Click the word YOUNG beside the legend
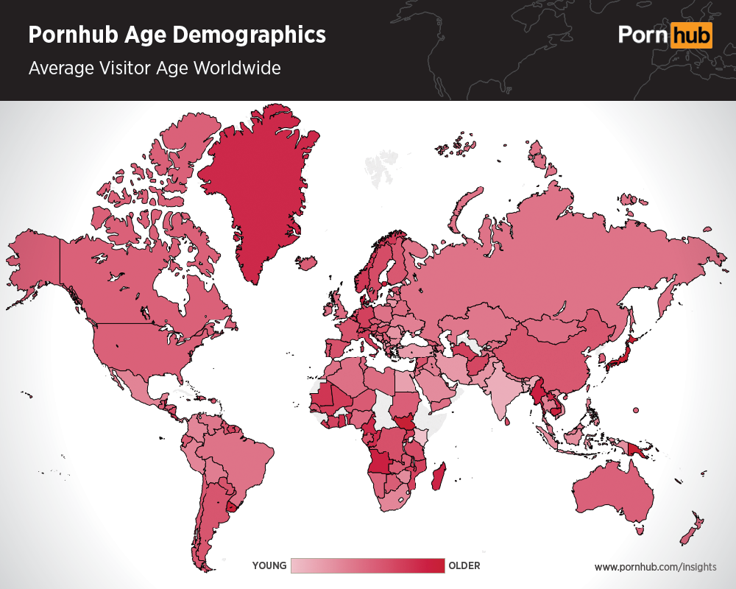269,565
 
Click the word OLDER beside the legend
464,565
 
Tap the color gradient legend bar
368,565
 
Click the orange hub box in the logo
691,35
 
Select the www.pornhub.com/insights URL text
655,567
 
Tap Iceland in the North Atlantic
305,262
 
